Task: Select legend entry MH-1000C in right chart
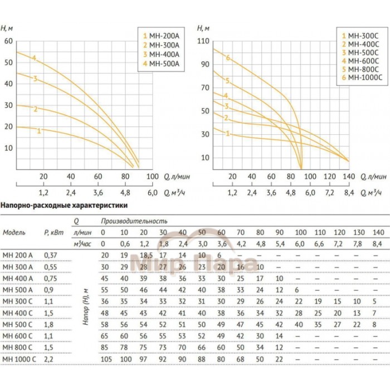coord(362,77)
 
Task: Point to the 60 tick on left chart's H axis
coord(8,41)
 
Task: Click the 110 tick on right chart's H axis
coord(203,41)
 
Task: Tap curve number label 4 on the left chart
coord(35,58)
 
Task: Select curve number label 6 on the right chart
coord(228,57)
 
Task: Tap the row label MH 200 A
coord(18,255)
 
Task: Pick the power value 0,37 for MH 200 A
coord(52,255)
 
